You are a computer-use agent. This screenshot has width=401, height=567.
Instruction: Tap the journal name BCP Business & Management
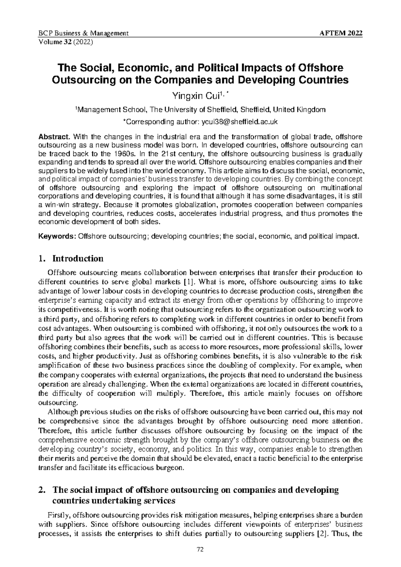[x=84, y=33]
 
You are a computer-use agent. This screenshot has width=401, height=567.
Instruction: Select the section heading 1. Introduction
[x=71, y=258]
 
